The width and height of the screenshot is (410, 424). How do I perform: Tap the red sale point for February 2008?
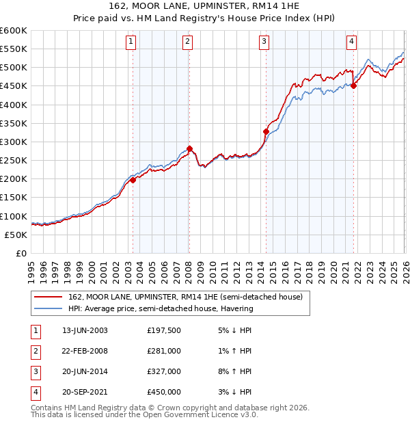pyautogui.click(x=189, y=148)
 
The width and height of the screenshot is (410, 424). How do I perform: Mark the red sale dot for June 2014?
pyautogui.click(x=266, y=131)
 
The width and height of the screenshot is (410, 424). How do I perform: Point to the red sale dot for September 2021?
pyautogui.click(x=353, y=85)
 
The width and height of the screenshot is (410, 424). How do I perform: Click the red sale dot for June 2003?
pyautogui.click(x=133, y=180)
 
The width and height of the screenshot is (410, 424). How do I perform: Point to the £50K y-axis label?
pyautogui.click(x=16, y=235)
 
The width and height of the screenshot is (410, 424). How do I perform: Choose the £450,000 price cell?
pyautogui.click(x=164, y=392)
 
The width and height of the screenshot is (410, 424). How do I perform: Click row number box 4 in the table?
pyautogui.click(x=35, y=392)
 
